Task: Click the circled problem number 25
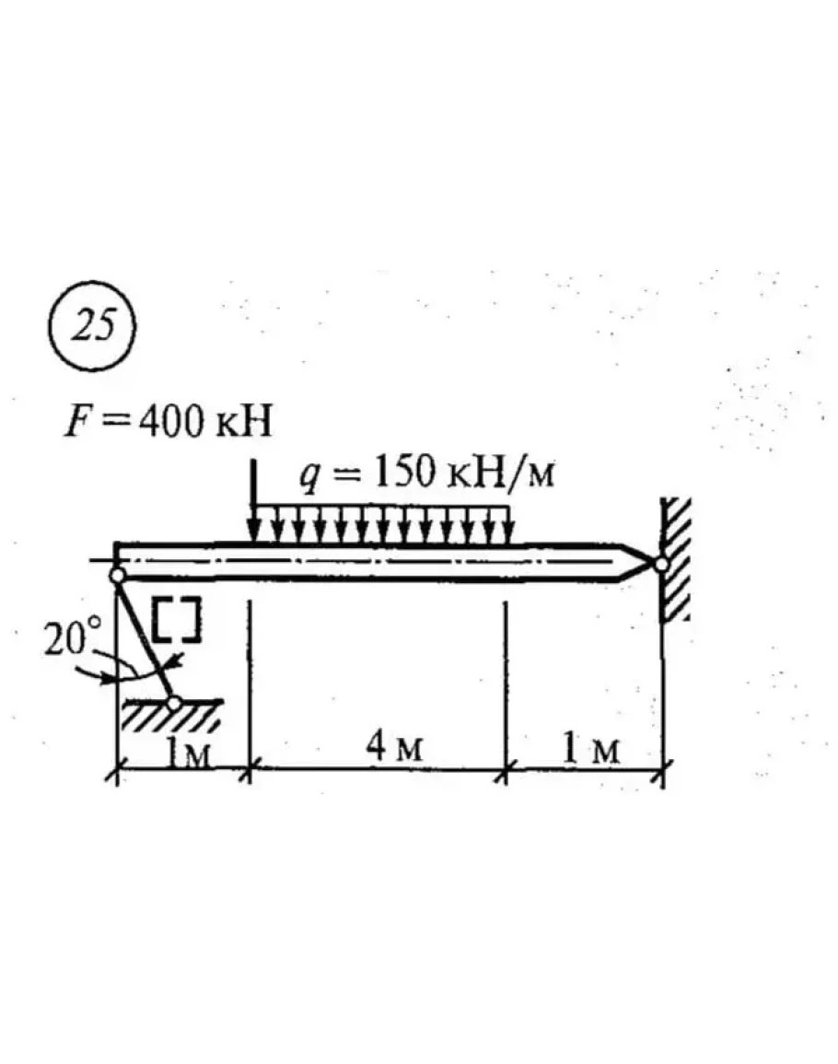[92, 326]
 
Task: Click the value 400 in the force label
[171, 421]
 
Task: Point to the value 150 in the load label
[405, 472]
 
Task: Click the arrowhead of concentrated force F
[253, 533]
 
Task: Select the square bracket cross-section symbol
[176, 620]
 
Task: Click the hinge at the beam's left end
[117, 576]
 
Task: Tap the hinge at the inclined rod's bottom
[174, 703]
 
